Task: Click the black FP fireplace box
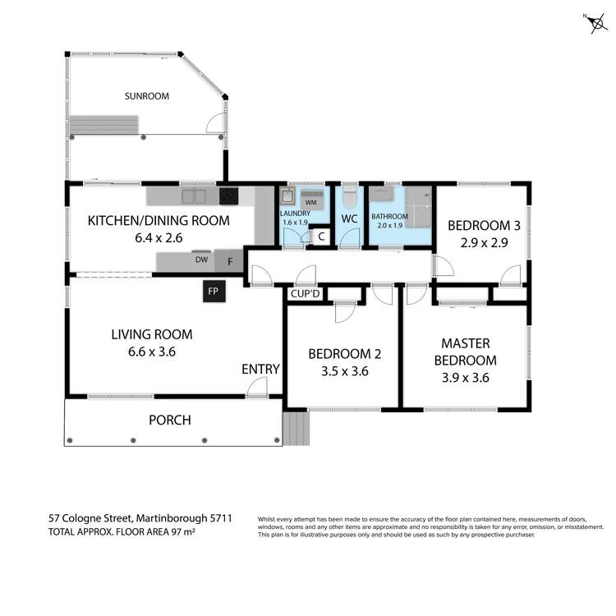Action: [214, 292]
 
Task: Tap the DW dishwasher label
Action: [200, 260]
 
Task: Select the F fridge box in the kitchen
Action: [230, 261]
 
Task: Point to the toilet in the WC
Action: [349, 199]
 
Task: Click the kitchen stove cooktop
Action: [228, 196]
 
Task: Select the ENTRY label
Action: [260, 370]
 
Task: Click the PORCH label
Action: [169, 421]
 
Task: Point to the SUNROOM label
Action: [147, 96]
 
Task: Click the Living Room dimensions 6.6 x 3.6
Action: [144, 352]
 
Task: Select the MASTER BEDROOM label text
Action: [468, 352]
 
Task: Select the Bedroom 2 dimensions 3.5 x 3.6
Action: [344, 370]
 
